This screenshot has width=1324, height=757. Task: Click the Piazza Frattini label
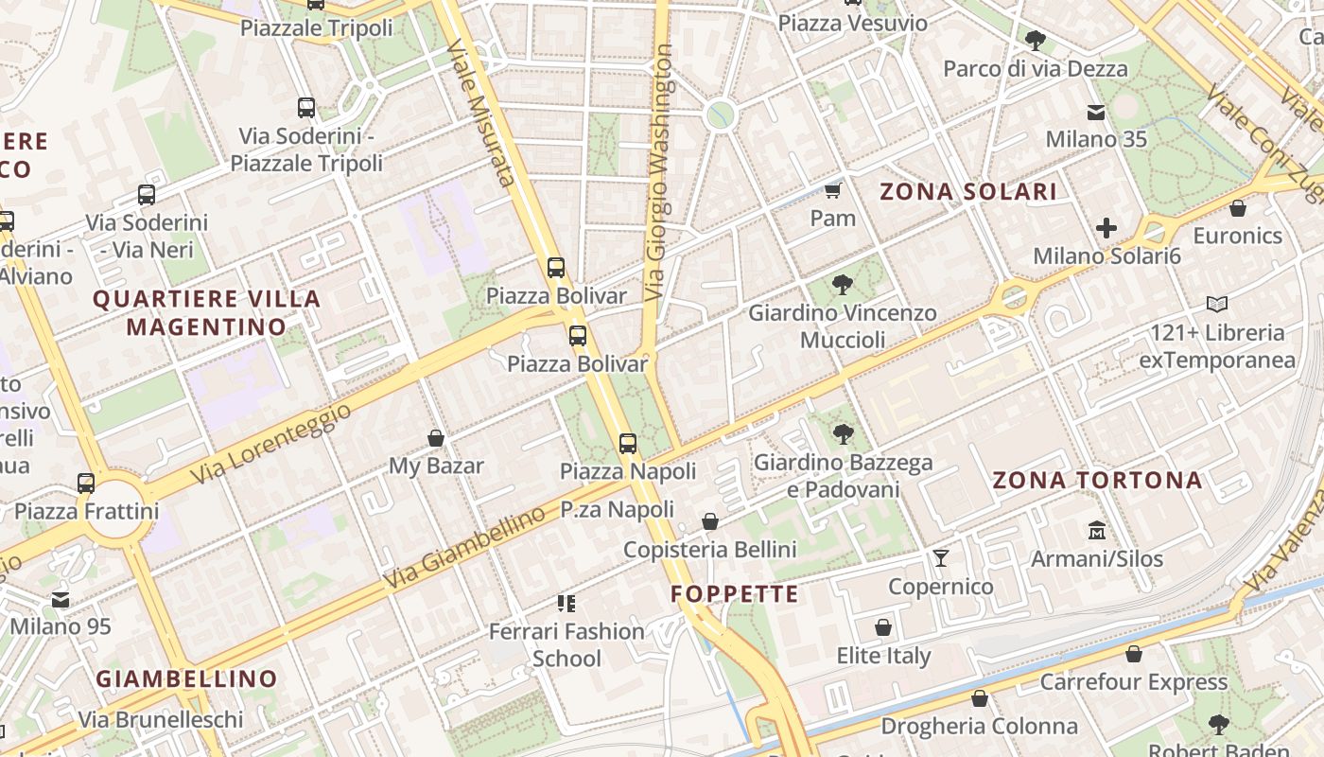point(86,512)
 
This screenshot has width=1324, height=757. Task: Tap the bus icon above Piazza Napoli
point(627,443)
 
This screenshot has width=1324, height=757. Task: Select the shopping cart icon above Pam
point(832,191)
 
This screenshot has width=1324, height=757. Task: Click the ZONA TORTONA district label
point(1097,480)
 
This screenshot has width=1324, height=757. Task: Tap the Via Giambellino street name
point(465,547)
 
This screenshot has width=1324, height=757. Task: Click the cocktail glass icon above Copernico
point(940,558)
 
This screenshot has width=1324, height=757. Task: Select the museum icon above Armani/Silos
point(1096,531)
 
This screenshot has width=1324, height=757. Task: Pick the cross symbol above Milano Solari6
point(1106,228)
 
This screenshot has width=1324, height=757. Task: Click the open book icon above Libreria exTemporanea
point(1216,305)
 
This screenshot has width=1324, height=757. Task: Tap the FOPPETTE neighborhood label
point(735,594)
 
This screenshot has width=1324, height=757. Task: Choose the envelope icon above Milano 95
point(61,599)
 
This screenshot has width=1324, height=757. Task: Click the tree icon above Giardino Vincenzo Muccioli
point(842,285)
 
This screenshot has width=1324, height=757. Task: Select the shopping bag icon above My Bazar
point(436,438)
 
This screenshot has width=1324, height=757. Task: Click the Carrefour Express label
point(1133,681)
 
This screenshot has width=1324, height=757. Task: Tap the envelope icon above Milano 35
point(1096,113)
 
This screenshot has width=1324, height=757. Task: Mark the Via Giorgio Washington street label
point(660,172)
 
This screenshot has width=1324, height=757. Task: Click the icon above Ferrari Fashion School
point(566,603)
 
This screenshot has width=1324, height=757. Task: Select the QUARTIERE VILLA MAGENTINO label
point(206,313)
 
